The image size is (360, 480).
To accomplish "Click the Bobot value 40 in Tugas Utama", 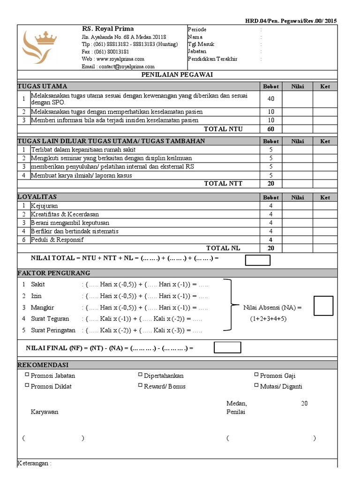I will (x=271, y=99).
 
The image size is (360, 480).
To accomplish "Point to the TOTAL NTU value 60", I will (x=271, y=129).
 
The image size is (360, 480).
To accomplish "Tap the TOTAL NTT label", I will (x=223, y=184).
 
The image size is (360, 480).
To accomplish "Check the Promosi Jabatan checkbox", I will (x=27, y=375).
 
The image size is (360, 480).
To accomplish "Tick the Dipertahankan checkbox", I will (x=140, y=375).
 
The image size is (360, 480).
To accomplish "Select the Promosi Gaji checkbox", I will (x=256, y=375).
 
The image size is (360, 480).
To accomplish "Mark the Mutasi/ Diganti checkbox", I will (x=256, y=385).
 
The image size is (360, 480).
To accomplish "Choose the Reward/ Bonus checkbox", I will (x=140, y=385).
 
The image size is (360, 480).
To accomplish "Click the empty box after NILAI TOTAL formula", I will (x=257, y=260).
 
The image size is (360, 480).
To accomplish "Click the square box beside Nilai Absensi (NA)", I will (x=323, y=306).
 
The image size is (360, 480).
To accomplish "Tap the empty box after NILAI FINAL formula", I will (x=227, y=347).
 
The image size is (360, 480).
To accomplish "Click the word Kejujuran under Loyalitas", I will (x=45, y=206).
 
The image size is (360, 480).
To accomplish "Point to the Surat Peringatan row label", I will (x=53, y=330).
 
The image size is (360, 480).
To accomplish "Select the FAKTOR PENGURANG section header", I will (x=54, y=273).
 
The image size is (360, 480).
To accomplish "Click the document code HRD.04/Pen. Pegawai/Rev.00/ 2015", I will (x=291, y=21).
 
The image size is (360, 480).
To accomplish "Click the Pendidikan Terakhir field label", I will (x=212, y=59).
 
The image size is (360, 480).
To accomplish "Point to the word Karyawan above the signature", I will (x=45, y=412).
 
